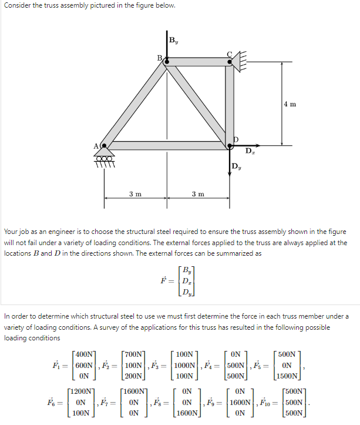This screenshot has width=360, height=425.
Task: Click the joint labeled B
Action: (x=167, y=61)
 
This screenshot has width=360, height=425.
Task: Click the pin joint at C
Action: (x=230, y=61)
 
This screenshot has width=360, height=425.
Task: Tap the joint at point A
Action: (x=105, y=145)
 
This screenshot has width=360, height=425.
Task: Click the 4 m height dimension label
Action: (x=290, y=104)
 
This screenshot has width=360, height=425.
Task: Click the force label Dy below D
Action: (x=236, y=166)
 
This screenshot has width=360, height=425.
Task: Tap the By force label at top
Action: (x=174, y=41)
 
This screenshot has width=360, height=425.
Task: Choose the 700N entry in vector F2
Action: (x=134, y=354)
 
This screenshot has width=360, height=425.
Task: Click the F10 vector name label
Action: (x=268, y=403)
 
